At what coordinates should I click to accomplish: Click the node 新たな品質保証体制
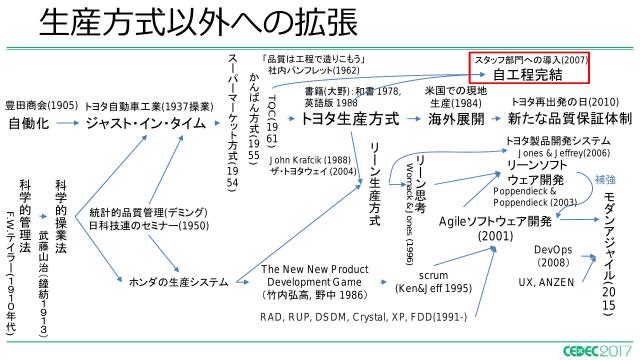click(x=566, y=119)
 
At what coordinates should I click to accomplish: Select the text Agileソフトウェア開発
click(x=496, y=220)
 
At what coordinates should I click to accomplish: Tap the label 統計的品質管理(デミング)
click(x=149, y=213)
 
